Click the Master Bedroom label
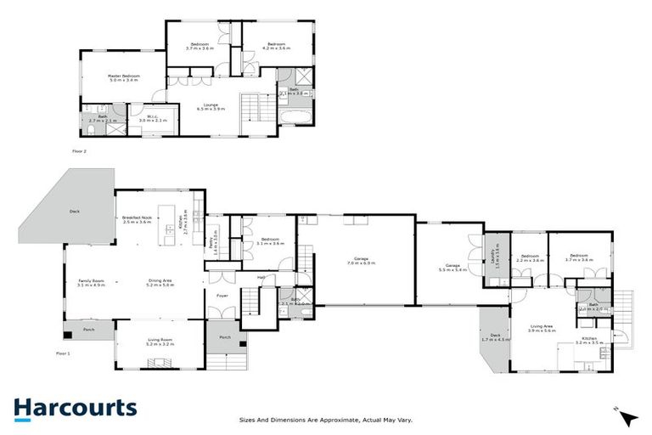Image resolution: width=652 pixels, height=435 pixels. point(123,77)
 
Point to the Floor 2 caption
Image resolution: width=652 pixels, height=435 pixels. point(79,151)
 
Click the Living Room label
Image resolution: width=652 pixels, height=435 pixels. point(160,342)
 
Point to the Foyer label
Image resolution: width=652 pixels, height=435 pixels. point(222,296)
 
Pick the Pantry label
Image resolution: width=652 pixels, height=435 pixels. point(213,241)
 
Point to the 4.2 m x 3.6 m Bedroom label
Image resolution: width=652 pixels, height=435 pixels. point(276,45)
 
